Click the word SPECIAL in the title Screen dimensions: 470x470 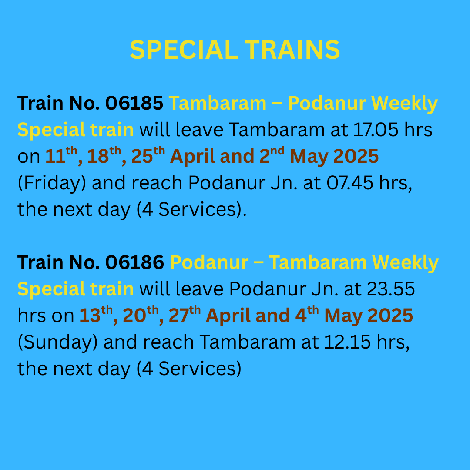(183, 50)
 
